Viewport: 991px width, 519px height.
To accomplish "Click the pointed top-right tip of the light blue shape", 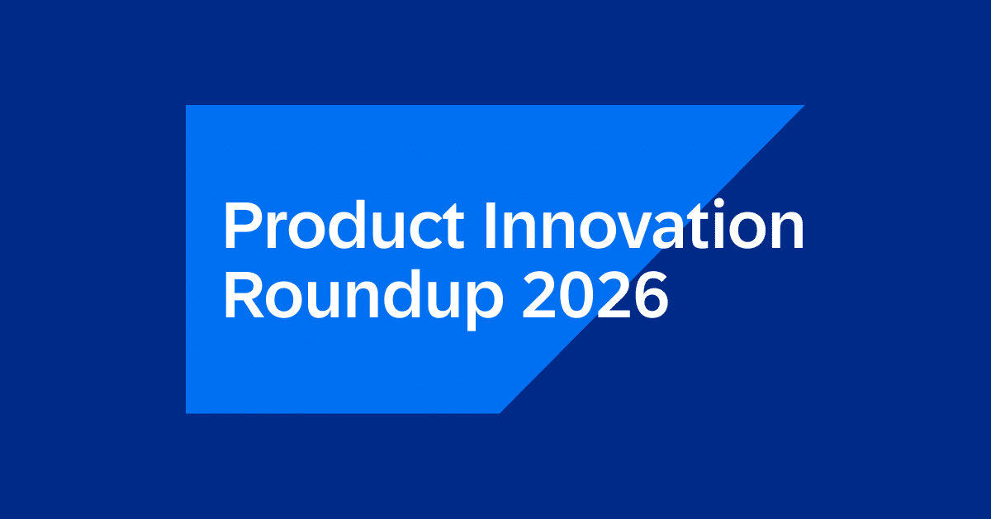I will pyautogui.click(x=804, y=106).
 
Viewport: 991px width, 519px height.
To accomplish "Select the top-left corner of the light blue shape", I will pyautogui.click(x=187, y=106).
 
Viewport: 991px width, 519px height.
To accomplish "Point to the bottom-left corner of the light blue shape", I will pyautogui.click(x=187, y=412).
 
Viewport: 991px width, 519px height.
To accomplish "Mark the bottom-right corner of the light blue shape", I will pyautogui.click(x=499, y=412).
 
